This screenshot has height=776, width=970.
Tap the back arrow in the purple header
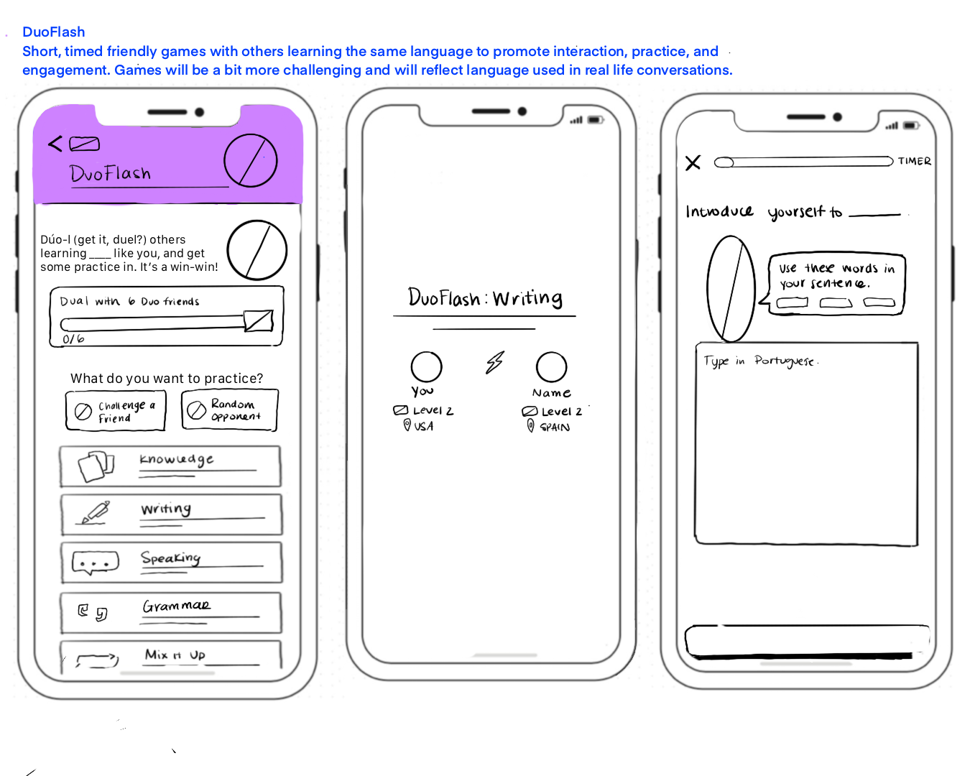55,144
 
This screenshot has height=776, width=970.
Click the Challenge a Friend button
116,411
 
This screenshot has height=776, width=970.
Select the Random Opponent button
229,410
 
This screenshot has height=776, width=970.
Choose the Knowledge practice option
170,466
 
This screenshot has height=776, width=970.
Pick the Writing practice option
171,514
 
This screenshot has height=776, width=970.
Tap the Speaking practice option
171,562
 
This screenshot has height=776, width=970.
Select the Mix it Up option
171,656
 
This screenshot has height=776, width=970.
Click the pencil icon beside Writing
95,512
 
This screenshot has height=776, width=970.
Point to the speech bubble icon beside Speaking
95,563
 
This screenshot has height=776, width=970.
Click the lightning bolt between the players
494,363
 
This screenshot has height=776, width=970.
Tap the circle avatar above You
426,366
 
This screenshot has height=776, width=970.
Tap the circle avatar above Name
551,366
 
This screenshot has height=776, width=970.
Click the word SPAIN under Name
555,427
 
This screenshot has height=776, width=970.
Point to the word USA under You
423,426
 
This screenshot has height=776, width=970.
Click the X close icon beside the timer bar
693,163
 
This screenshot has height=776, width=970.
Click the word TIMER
914,162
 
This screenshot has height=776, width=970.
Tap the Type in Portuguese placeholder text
760,361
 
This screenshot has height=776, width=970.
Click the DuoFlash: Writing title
485,297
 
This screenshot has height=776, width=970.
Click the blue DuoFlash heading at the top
54,32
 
